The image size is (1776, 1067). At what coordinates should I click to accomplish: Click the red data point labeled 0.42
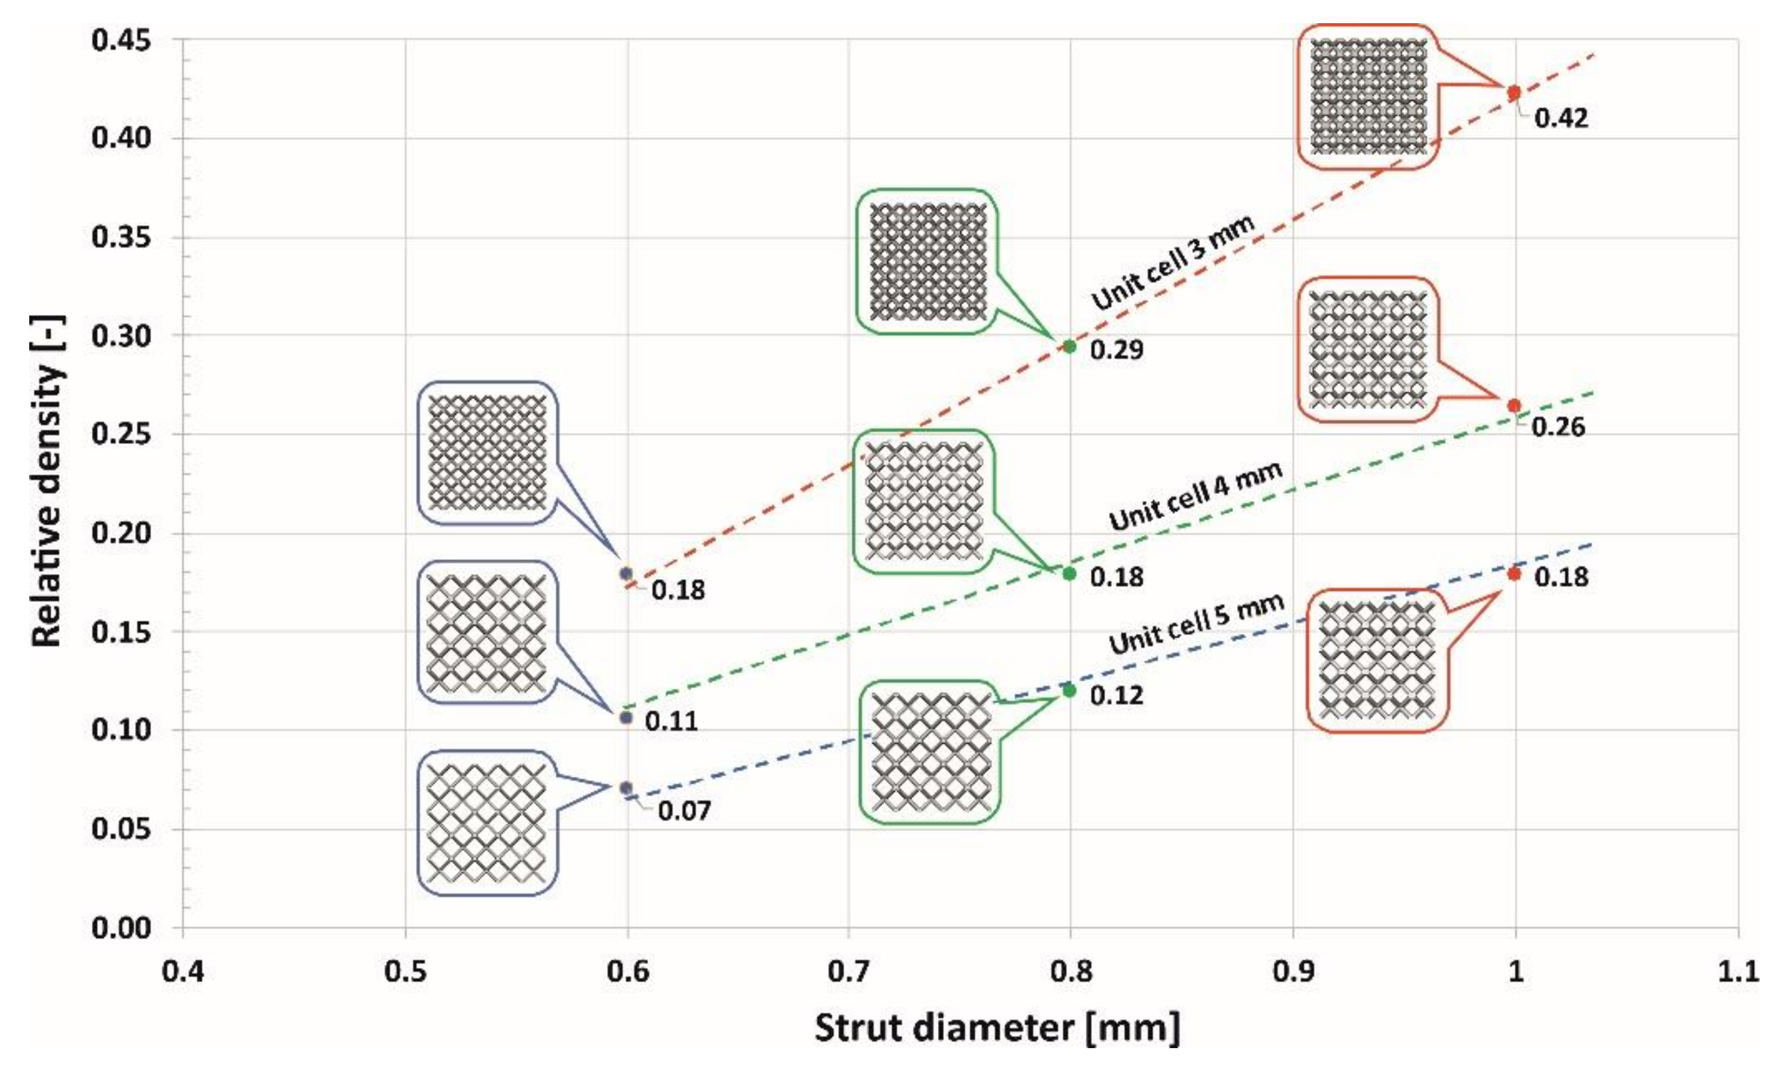pyautogui.click(x=1513, y=93)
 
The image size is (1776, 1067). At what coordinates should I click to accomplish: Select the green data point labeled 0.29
pyautogui.click(x=1069, y=347)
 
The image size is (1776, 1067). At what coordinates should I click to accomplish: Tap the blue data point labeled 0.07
pyautogui.click(x=625, y=788)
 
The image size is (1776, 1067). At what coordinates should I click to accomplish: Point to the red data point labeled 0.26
pyautogui.click(x=1513, y=406)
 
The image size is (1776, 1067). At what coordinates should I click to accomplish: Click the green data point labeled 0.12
pyautogui.click(x=1069, y=690)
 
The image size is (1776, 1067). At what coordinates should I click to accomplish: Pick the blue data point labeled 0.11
pyautogui.click(x=625, y=717)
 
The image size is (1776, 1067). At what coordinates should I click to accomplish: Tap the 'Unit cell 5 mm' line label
pyautogui.click(x=1196, y=624)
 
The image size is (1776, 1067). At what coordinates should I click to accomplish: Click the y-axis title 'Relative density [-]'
pyautogui.click(x=48, y=482)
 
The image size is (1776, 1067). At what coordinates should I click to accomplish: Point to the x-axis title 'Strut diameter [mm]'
pyautogui.click(x=996, y=1028)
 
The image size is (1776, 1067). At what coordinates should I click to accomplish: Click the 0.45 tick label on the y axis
pyautogui.click(x=122, y=40)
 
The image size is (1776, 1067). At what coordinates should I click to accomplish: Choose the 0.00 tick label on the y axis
pyautogui.click(x=122, y=928)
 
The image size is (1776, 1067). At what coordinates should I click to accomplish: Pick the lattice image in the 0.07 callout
pyautogui.click(x=487, y=823)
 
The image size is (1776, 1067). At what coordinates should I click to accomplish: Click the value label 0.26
pyautogui.click(x=1557, y=427)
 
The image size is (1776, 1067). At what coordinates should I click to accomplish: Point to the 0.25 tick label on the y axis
pyautogui.click(x=122, y=434)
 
